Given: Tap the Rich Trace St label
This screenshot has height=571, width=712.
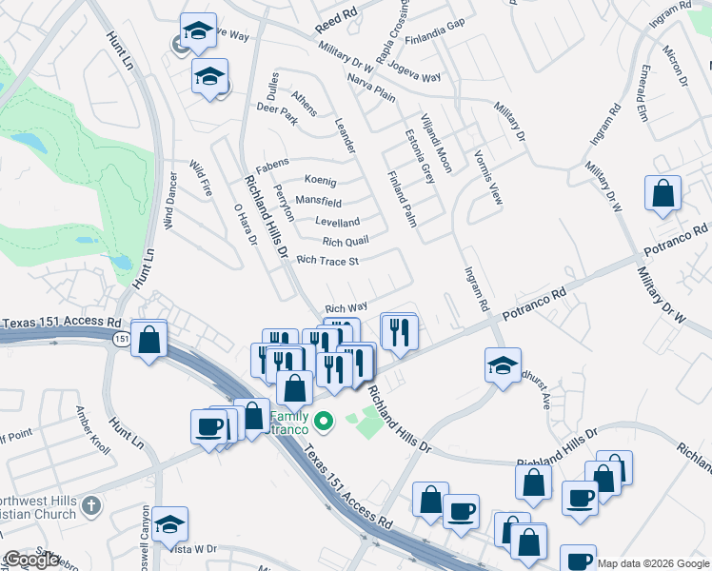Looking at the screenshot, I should pos(327,260).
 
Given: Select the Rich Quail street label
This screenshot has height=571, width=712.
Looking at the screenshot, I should pos(345,242).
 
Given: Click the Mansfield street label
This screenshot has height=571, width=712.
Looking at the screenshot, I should pos(318,202).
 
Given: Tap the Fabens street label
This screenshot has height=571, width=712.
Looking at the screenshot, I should pos(271,163).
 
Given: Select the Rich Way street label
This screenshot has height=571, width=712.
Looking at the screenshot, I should pos(346,307).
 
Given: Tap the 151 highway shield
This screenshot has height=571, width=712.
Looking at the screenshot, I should pos(121,339).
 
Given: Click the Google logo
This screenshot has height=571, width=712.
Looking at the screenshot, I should pos(31,560).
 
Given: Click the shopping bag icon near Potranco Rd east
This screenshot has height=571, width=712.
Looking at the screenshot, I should pos(663,193).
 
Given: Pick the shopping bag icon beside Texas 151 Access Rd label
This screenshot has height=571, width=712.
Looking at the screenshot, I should pos(148,340).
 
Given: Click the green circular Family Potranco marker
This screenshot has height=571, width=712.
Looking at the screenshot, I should pos(324,420).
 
